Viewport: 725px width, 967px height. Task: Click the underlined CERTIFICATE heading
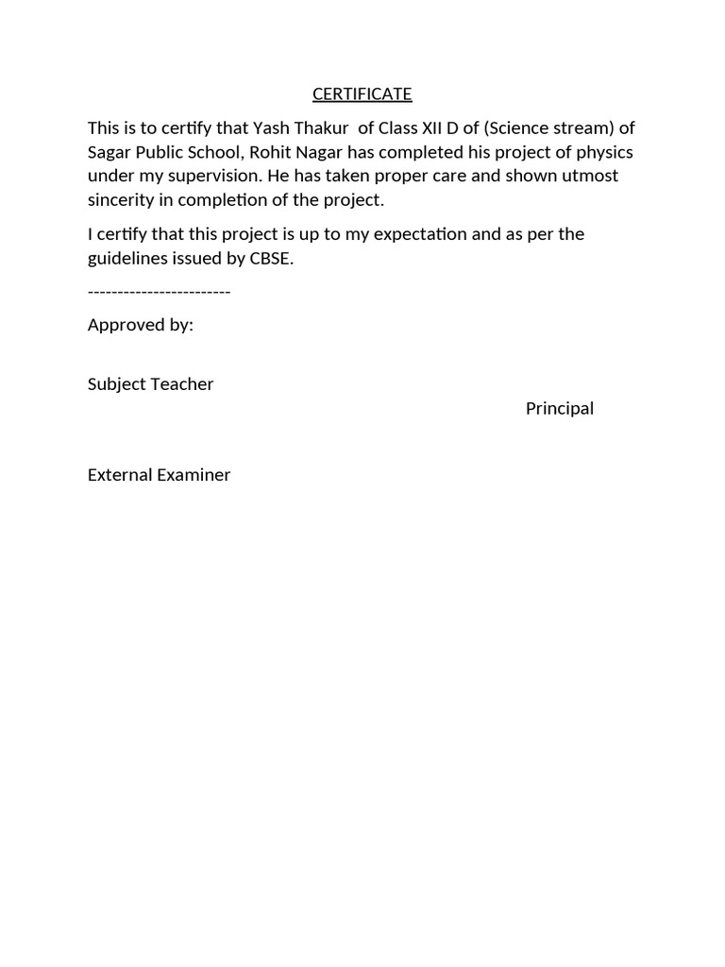(x=362, y=93)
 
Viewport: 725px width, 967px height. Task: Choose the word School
(x=211, y=152)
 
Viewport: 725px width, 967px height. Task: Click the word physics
(x=604, y=152)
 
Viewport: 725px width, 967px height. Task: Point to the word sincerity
(x=121, y=200)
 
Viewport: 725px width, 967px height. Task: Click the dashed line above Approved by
(x=159, y=291)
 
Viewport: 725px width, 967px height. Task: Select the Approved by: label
(x=141, y=325)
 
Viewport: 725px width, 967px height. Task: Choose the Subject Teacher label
(x=151, y=383)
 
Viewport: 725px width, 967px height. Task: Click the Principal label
(x=560, y=408)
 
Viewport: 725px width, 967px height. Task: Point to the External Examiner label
(x=160, y=474)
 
